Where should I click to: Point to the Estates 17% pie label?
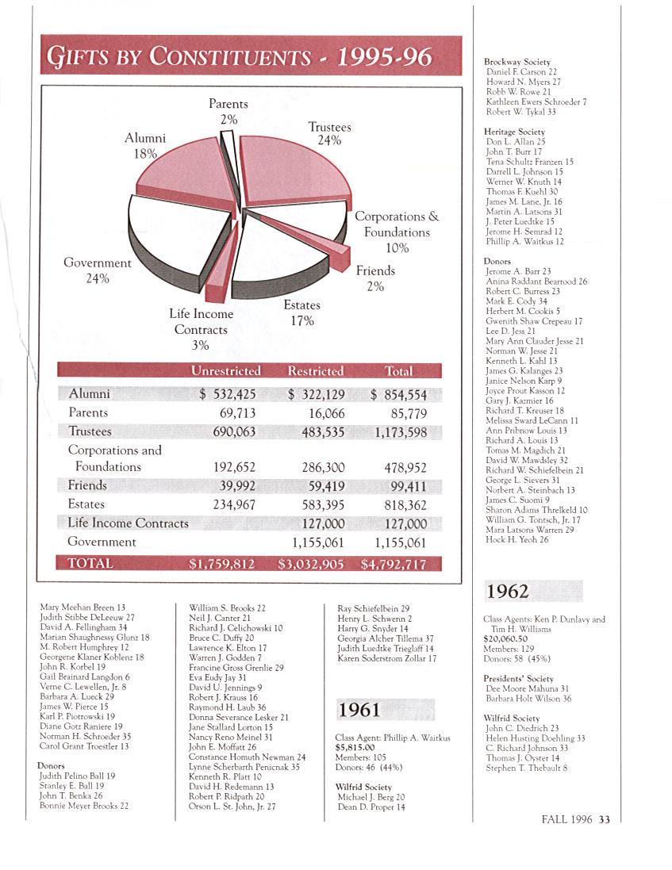tap(302, 312)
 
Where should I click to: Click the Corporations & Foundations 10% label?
tap(396, 232)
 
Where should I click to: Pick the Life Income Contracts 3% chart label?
tap(201, 329)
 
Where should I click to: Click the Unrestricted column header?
tap(225, 370)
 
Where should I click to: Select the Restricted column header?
tap(315, 370)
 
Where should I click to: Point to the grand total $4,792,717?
tap(394, 564)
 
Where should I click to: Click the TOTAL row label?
tap(90, 563)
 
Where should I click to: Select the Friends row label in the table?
tap(87, 485)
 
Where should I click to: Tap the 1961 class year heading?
tap(359, 709)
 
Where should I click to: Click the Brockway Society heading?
tap(516, 62)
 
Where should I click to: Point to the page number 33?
tap(605, 820)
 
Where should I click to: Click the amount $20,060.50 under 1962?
tap(505, 638)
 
